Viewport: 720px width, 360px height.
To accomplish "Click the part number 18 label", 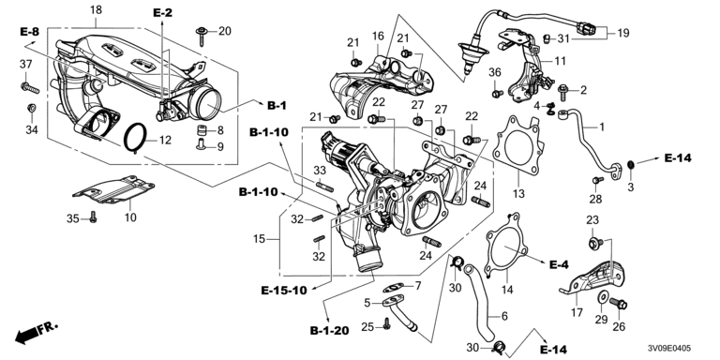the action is pyautogui.click(x=96, y=9).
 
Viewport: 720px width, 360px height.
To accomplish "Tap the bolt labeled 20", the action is pyautogui.click(x=202, y=37).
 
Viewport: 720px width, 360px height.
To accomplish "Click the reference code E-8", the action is pyautogui.click(x=29, y=32).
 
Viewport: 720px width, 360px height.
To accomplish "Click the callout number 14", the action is pyautogui.click(x=507, y=290).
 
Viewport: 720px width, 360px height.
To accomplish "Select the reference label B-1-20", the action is pyautogui.click(x=329, y=331).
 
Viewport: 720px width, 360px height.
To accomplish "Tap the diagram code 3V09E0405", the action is pyautogui.click(x=670, y=350).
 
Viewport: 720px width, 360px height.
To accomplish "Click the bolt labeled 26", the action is pyautogui.click(x=618, y=303).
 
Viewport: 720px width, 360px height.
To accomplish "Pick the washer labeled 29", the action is pyautogui.click(x=602, y=298).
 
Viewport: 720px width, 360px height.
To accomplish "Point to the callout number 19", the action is pyautogui.click(x=623, y=33).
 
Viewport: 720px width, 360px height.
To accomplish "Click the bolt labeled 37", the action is pyautogui.click(x=30, y=87).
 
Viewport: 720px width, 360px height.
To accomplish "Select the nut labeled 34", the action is pyautogui.click(x=31, y=109).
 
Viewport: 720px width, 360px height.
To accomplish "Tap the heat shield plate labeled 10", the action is pyautogui.click(x=112, y=189).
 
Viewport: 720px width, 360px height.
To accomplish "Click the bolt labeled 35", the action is pyautogui.click(x=93, y=217).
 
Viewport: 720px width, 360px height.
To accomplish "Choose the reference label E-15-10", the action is pyautogui.click(x=284, y=291).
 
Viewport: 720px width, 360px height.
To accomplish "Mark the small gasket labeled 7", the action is pyautogui.click(x=393, y=288).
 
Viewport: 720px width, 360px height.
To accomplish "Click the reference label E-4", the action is pyautogui.click(x=559, y=264).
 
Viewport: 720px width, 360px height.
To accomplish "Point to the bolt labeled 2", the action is pyautogui.click(x=562, y=89).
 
